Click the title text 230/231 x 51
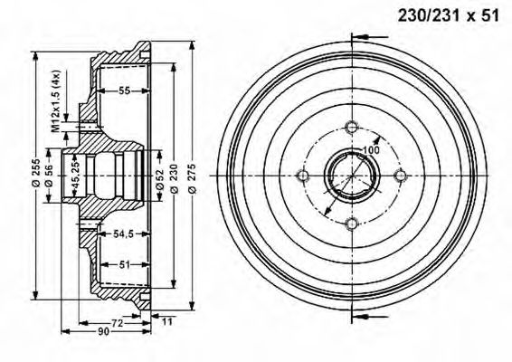[448, 15]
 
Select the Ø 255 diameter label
[36, 172]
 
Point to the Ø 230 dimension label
[174, 178]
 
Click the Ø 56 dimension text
[49, 176]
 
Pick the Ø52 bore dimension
[160, 179]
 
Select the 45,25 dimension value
[76, 176]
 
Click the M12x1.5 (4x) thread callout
[56, 101]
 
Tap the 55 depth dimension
[124, 90]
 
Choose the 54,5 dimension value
[123, 233]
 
